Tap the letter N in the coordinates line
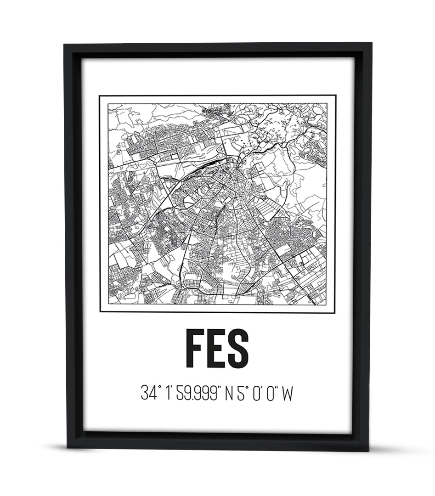pyautogui.click(x=229, y=394)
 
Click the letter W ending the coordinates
pyautogui.click(x=287, y=394)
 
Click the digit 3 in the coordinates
pyautogui.click(x=145, y=394)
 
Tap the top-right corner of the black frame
pyautogui.click(x=371, y=43)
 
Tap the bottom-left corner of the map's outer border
pyautogui.click(x=100, y=313)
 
